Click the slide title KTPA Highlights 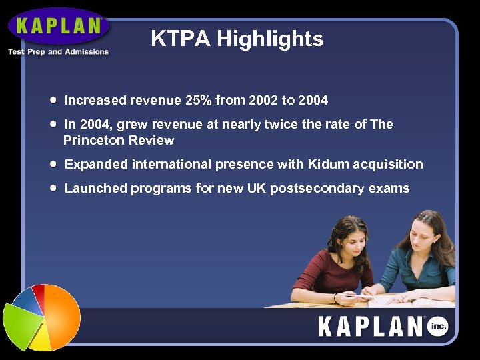(237, 39)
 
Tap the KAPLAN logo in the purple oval (59, 27)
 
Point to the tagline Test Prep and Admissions (58, 52)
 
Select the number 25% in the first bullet (198, 101)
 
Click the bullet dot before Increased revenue (53, 100)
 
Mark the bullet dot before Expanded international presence (53, 164)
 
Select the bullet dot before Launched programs (53, 188)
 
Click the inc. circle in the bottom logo (438, 326)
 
